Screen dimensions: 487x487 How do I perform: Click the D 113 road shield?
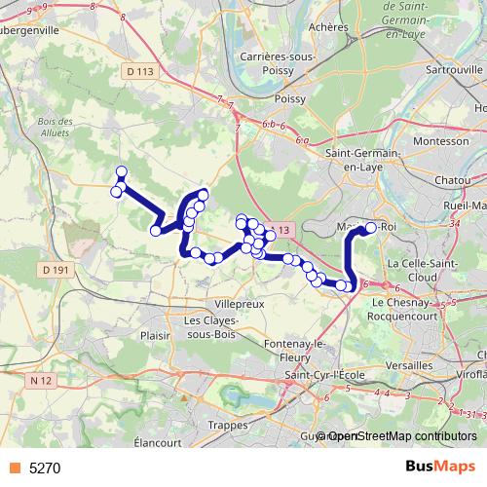[140, 71]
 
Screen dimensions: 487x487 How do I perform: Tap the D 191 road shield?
[57, 268]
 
